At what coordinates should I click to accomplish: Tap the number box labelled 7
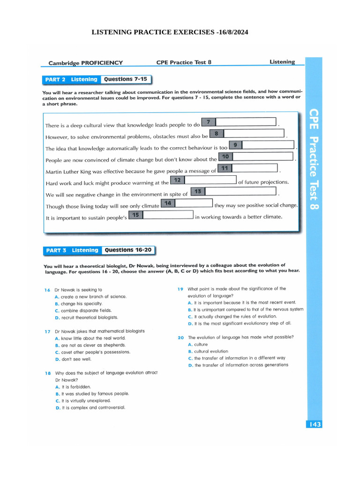(208, 122)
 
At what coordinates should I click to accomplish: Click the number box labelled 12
(177, 180)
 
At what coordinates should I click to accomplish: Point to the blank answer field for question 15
(168, 215)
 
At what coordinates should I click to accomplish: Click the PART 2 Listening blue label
(71, 80)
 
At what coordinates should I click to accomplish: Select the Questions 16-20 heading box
(128, 250)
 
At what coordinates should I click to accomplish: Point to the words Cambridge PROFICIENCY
(86, 63)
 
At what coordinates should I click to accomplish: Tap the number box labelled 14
(168, 203)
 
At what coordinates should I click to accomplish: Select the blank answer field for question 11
(255, 168)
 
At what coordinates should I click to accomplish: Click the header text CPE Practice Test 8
(184, 62)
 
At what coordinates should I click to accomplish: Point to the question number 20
(180, 337)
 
